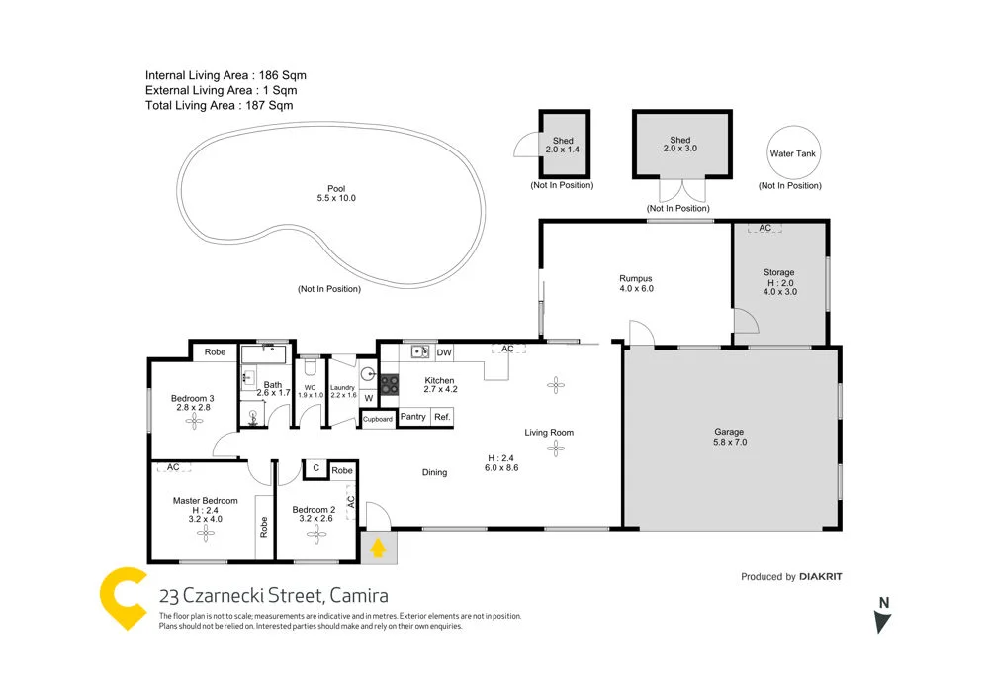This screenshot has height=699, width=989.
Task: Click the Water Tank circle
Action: (x=793, y=153)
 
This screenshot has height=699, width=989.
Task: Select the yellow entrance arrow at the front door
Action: (x=377, y=547)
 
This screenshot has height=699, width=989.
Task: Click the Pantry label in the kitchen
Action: (x=413, y=417)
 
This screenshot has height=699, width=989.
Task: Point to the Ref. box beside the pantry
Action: (x=442, y=417)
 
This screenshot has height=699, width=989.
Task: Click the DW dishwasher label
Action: (x=444, y=352)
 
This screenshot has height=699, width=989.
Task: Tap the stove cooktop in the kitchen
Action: (x=390, y=382)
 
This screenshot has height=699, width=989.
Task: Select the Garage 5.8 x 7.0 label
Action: (x=729, y=437)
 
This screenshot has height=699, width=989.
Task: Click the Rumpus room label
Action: (x=636, y=283)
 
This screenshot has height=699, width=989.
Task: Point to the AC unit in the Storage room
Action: (x=764, y=229)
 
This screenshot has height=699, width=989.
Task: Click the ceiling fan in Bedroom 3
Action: (x=193, y=420)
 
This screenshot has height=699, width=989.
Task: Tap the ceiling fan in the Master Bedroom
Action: (x=206, y=533)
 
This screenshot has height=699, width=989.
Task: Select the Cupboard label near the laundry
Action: (x=378, y=419)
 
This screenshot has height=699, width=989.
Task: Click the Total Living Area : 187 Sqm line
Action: (x=219, y=105)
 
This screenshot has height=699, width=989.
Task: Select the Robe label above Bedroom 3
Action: (x=215, y=351)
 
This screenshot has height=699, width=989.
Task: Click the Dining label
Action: (x=434, y=472)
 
